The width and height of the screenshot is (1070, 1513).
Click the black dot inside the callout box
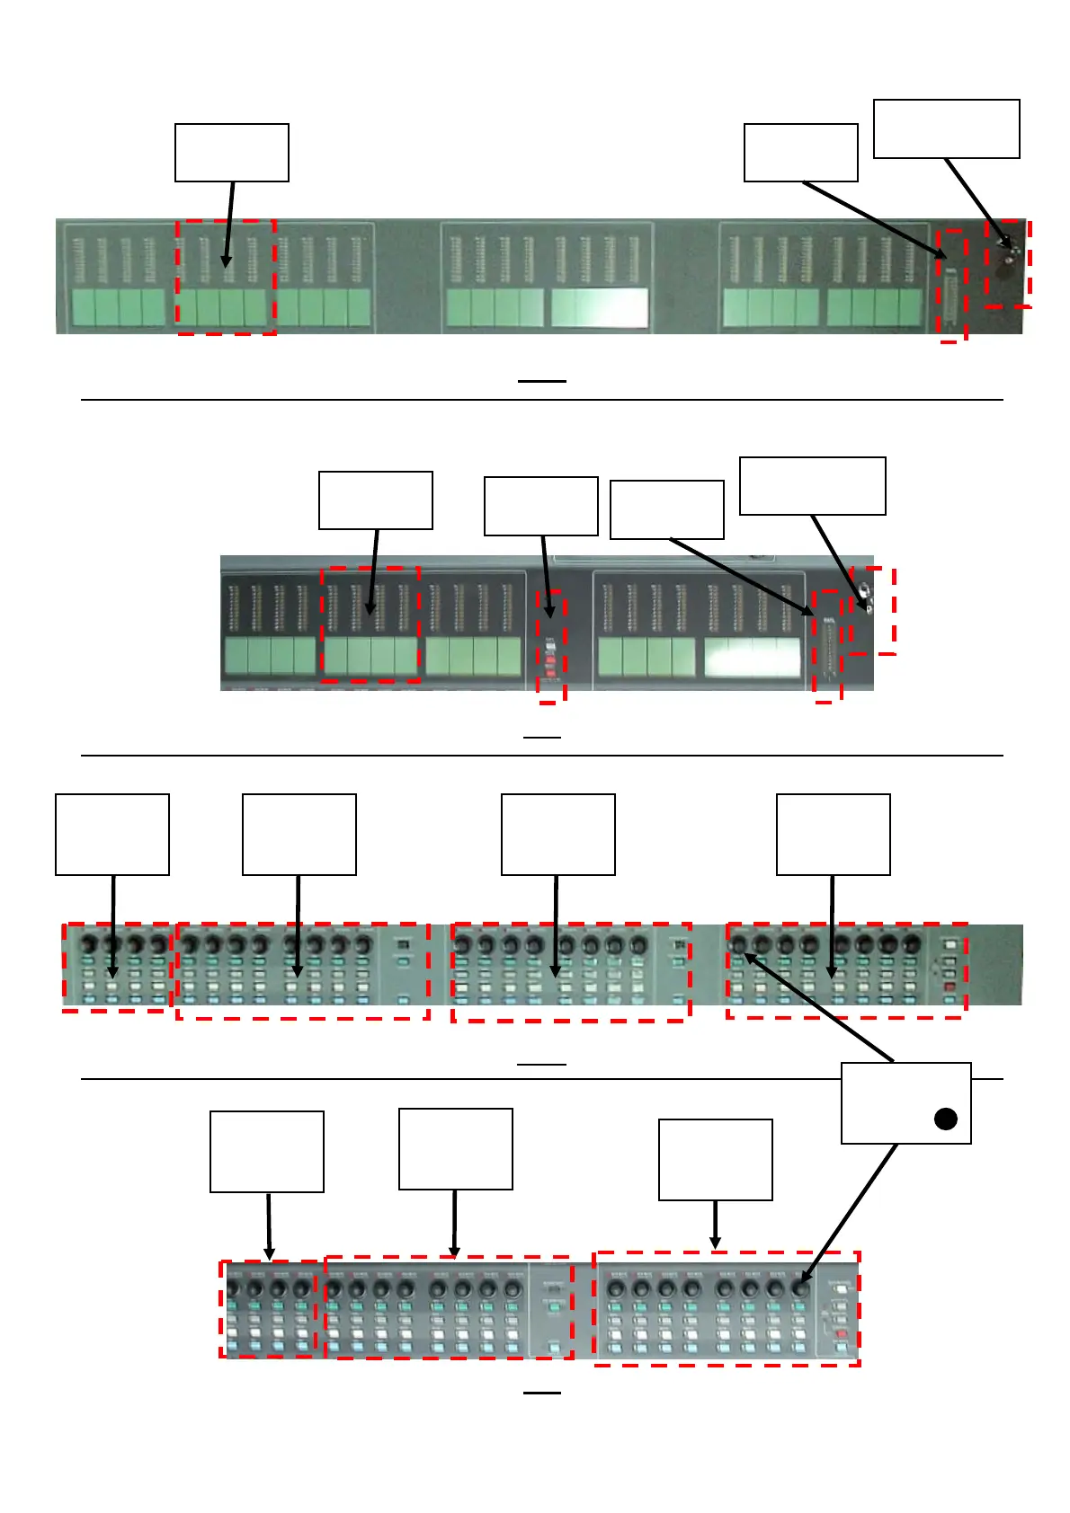point(945,1119)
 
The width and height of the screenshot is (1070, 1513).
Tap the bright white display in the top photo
point(599,307)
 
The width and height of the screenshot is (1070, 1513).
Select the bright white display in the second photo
point(753,657)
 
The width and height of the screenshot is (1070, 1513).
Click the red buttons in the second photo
point(551,666)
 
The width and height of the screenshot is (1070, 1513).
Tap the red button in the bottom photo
point(841,1333)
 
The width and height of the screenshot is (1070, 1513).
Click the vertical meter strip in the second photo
point(825,645)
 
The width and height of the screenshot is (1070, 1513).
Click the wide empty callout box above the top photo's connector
point(946,129)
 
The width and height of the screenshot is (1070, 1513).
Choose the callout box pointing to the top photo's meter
point(800,153)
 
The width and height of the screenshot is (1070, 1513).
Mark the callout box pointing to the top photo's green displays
point(231,153)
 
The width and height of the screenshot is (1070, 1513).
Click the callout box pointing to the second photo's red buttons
point(540,506)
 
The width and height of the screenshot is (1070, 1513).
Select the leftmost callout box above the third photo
point(112,834)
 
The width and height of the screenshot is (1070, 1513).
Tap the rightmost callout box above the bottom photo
point(715,1159)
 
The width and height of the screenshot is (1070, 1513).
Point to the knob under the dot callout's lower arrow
point(799,1288)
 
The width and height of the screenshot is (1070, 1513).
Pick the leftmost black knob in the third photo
point(90,945)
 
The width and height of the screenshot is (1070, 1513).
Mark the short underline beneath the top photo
point(541,381)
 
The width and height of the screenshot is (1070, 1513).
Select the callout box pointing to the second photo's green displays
point(375,500)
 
